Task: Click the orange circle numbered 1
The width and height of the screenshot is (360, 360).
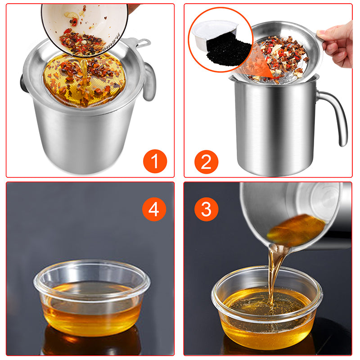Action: [155, 161]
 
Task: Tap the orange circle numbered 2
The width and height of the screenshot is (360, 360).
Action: [206, 162]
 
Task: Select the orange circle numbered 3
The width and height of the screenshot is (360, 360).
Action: [206, 209]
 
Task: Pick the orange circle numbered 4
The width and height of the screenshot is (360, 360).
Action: [154, 209]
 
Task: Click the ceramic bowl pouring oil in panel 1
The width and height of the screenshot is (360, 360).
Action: [85, 27]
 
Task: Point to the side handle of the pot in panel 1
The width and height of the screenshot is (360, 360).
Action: [150, 81]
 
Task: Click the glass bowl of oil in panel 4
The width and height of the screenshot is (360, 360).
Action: [92, 298]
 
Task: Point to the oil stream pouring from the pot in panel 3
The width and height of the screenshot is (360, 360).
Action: [274, 275]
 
